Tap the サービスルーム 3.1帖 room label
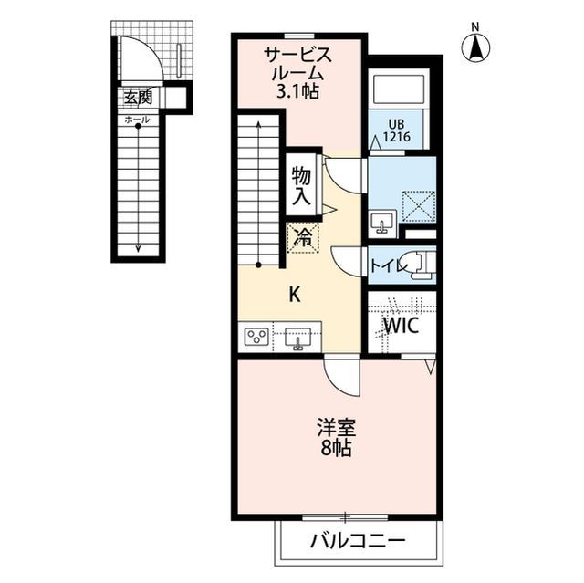pyautogui.click(x=297, y=73)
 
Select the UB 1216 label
pyautogui.click(x=396, y=130)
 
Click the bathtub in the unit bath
pyautogui.click(x=399, y=90)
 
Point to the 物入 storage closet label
pyautogui.click(x=301, y=186)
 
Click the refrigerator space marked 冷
pyautogui.click(x=303, y=238)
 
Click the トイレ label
pyautogui.click(x=387, y=265)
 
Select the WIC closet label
pyautogui.click(x=401, y=326)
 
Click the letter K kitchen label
pyautogui.click(x=295, y=296)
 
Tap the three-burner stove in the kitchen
pyautogui.click(x=256, y=337)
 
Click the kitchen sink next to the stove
pyautogui.click(x=297, y=338)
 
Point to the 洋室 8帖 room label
pyautogui.click(x=336, y=438)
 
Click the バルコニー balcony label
pyautogui.click(x=358, y=540)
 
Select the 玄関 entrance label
pyautogui.click(x=138, y=98)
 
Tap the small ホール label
pyautogui.click(x=137, y=120)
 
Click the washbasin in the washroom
pyautogui.click(x=383, y=222)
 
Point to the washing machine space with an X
pyautogui.click(x=418, y=206)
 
